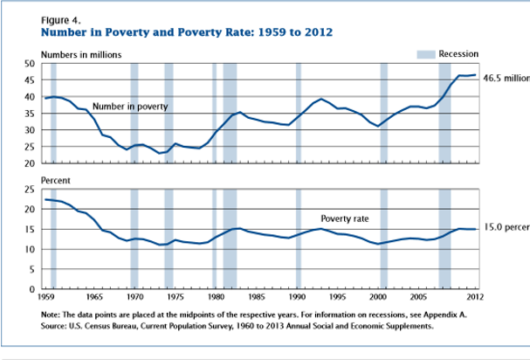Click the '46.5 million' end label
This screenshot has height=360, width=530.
506,78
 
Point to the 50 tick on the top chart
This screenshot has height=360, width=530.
30,64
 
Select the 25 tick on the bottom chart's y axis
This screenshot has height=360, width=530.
30,190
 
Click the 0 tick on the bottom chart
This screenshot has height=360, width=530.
32,288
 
